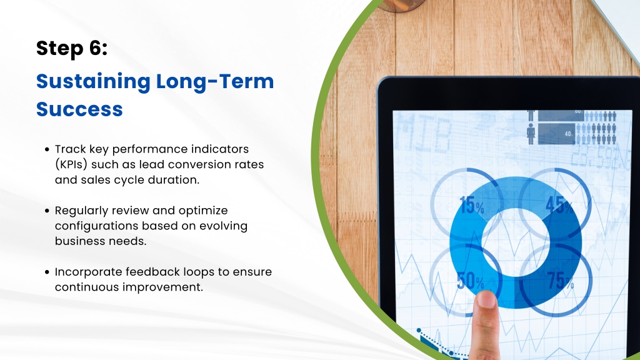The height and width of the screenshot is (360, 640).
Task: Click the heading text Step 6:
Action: point(72,48)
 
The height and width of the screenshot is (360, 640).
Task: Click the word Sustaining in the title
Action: point(94,82)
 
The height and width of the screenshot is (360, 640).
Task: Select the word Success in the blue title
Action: point(79,109)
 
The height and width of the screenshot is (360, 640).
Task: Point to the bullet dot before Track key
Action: point(47,149)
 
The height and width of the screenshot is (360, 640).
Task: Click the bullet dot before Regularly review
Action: point(47,211)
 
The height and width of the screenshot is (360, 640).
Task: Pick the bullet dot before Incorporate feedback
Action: point(47,272)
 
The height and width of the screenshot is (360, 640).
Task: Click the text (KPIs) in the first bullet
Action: point(71,164)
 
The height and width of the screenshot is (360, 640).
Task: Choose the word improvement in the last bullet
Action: point(163,287)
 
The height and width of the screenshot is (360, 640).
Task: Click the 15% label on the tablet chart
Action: point(472,205)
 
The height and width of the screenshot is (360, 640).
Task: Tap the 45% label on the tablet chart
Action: point(559,205)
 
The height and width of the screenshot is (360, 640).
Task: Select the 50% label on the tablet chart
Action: point(471,281)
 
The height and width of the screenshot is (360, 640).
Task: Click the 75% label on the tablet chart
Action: point(561,281)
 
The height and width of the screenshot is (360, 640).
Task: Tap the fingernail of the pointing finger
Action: point(486,300)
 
